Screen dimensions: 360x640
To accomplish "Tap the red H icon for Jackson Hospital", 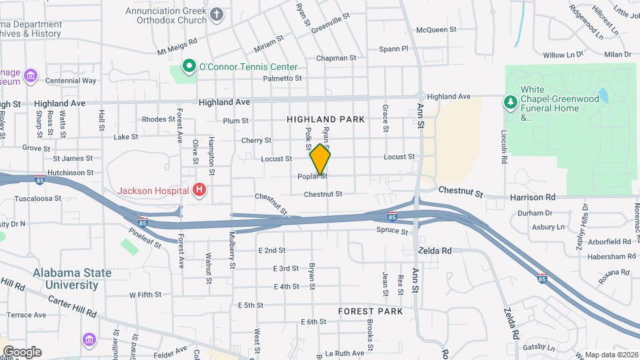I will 199,191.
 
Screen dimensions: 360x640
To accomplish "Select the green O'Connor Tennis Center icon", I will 189,66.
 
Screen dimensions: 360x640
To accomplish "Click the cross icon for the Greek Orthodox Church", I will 217,14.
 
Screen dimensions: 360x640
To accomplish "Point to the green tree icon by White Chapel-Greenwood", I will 511,101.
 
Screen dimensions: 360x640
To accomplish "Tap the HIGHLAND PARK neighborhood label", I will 326,119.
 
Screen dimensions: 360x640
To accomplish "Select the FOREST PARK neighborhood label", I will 370,311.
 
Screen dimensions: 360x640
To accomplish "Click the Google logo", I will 22,351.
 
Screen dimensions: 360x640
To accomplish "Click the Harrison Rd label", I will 532,197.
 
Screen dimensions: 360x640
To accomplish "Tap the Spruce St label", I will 391,231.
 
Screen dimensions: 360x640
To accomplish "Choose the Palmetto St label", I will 282,78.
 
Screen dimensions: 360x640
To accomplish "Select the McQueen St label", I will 435,29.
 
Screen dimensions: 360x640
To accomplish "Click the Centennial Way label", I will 71,81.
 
